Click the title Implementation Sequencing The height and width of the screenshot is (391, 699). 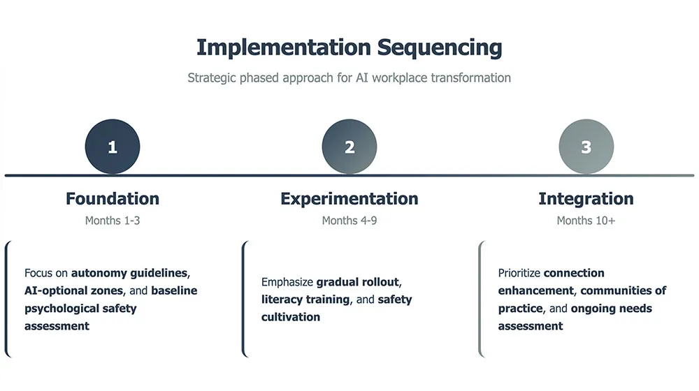349,47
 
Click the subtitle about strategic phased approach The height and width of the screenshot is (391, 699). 349,78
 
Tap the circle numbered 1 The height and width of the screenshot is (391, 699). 113,147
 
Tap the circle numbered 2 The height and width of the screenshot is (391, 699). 349,147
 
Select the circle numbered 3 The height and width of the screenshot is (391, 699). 586,147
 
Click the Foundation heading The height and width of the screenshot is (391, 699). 113,199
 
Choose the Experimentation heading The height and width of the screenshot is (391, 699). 349,199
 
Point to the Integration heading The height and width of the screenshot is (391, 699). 586,199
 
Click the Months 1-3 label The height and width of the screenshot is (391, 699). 113,221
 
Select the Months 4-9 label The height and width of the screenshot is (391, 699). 349,221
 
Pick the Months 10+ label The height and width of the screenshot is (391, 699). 586,221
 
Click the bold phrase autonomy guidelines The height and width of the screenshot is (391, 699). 129,272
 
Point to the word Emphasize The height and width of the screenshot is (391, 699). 287,282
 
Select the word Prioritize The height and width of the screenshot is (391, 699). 519,273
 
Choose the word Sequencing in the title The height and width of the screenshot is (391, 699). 440,47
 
